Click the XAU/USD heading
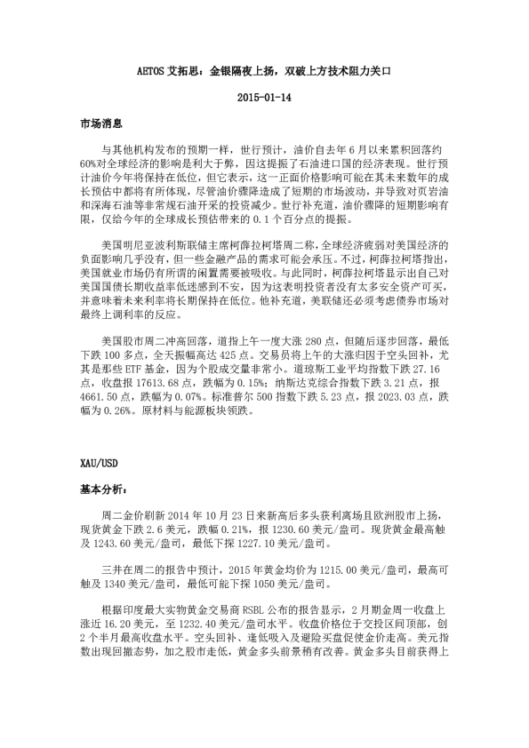tap(97, 465)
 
